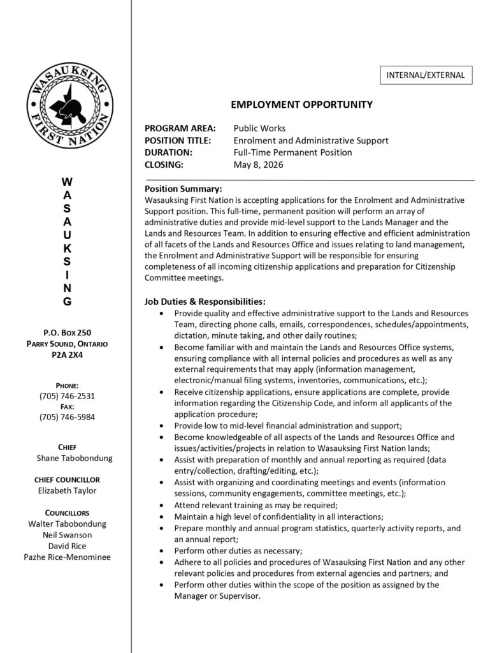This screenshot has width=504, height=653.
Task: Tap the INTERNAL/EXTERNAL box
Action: coord(426,75)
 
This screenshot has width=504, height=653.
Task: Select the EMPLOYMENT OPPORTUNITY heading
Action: coord(301,105)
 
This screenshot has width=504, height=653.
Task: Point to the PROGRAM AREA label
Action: coord(180,128)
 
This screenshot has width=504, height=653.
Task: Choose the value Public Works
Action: coord(259,128)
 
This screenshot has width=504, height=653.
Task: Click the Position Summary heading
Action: coord(184,189)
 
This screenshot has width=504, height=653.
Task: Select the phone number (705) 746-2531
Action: coord(67,395)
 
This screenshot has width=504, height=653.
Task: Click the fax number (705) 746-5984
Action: coord(67,417)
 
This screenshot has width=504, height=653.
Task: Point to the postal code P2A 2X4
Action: coord(67,355)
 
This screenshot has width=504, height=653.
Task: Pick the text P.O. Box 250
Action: coord(67,332)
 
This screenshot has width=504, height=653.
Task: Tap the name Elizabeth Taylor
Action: coord(67,490)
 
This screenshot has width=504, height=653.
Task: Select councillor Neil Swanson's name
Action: coord(67,534)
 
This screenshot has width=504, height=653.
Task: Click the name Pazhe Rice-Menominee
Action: coord(67,557)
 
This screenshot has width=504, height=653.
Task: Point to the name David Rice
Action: coord(67,546)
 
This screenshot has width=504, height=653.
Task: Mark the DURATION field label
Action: coord(169,152)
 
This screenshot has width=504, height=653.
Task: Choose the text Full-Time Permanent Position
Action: coord(292,152)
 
